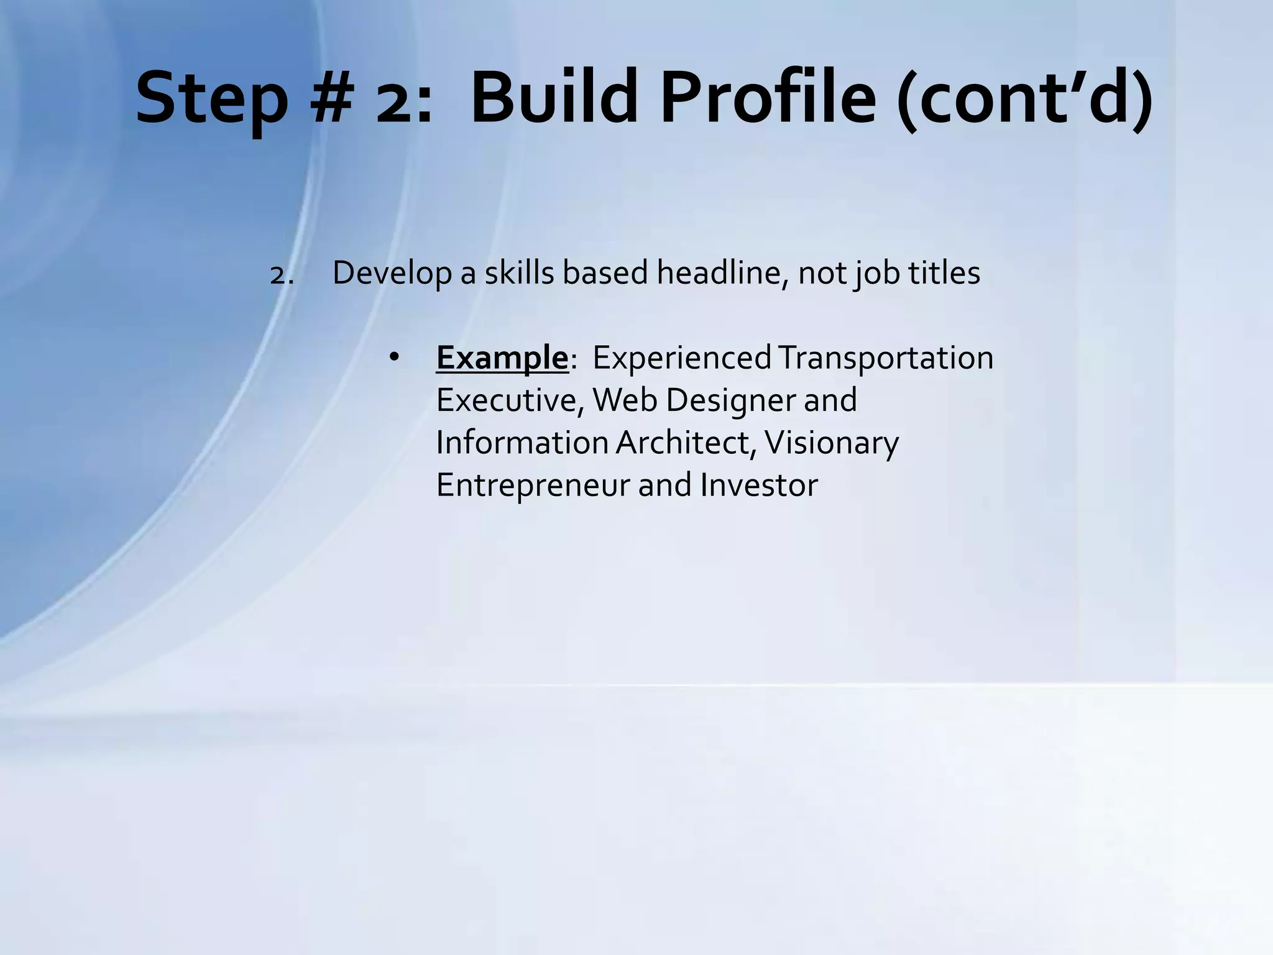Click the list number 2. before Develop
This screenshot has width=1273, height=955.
[282, 274]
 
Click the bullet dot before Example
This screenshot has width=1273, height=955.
[393, 357]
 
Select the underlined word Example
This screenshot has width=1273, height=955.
[502, 358]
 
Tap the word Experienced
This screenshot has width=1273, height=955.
[681, 358]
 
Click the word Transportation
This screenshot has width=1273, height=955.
[885, 358]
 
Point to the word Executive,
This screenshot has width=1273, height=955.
[510, 400]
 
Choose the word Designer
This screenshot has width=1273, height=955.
[730, 400]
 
